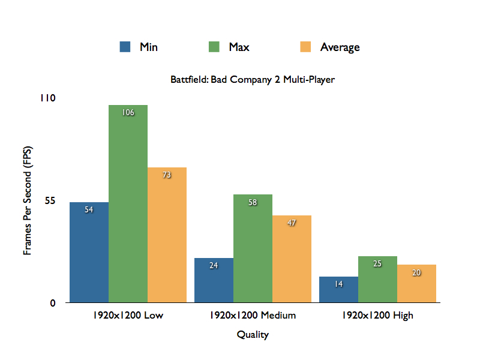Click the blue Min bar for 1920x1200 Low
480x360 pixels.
89,252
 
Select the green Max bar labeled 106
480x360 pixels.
128,204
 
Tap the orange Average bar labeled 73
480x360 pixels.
167,235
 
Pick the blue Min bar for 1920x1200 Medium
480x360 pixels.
214,280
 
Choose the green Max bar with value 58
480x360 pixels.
253,248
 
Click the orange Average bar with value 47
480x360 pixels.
292,259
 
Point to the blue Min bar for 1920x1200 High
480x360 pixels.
338,289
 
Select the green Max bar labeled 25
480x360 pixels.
377,279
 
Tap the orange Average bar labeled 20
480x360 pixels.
416,283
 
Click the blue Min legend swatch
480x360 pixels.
125,47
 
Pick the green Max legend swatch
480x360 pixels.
214,47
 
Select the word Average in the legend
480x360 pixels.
340,47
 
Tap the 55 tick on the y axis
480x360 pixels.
49,200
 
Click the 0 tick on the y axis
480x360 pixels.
53,303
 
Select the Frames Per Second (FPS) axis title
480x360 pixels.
28,200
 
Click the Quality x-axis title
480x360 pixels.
253,335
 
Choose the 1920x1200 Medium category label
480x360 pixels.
253,315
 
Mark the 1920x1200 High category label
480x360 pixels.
377,315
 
